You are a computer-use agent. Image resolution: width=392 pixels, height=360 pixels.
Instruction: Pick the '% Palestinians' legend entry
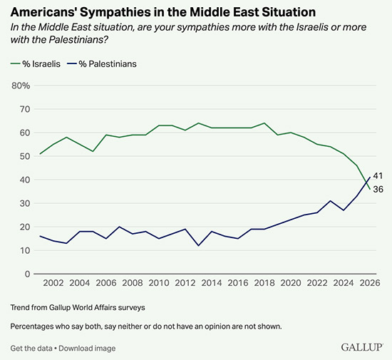coord(103,64)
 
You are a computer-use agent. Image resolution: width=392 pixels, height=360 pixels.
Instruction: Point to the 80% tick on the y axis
coord(21,86)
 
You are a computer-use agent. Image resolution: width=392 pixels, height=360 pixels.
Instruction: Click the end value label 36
coord(379,189)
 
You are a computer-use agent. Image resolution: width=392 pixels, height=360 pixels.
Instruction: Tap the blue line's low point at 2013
coord(198,245)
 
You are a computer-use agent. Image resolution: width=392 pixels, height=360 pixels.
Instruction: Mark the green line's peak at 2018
coord(264,123)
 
